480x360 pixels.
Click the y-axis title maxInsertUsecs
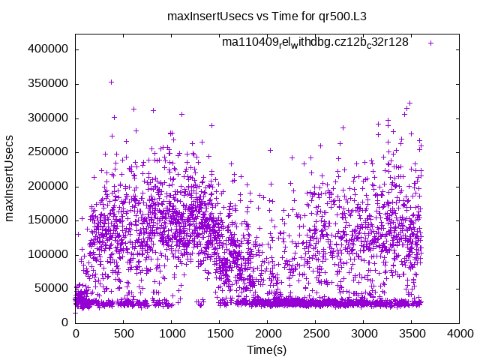pyautogui.click(x=10, y=178)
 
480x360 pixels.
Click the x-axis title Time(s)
pyautogui.click(x=268, y=349)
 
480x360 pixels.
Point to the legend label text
pyautogui.click(x=314, y=43)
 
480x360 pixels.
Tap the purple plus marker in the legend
pyautogui.click(x=430, y=43)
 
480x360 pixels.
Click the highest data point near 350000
pyautogui.click(x=111, y=82)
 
